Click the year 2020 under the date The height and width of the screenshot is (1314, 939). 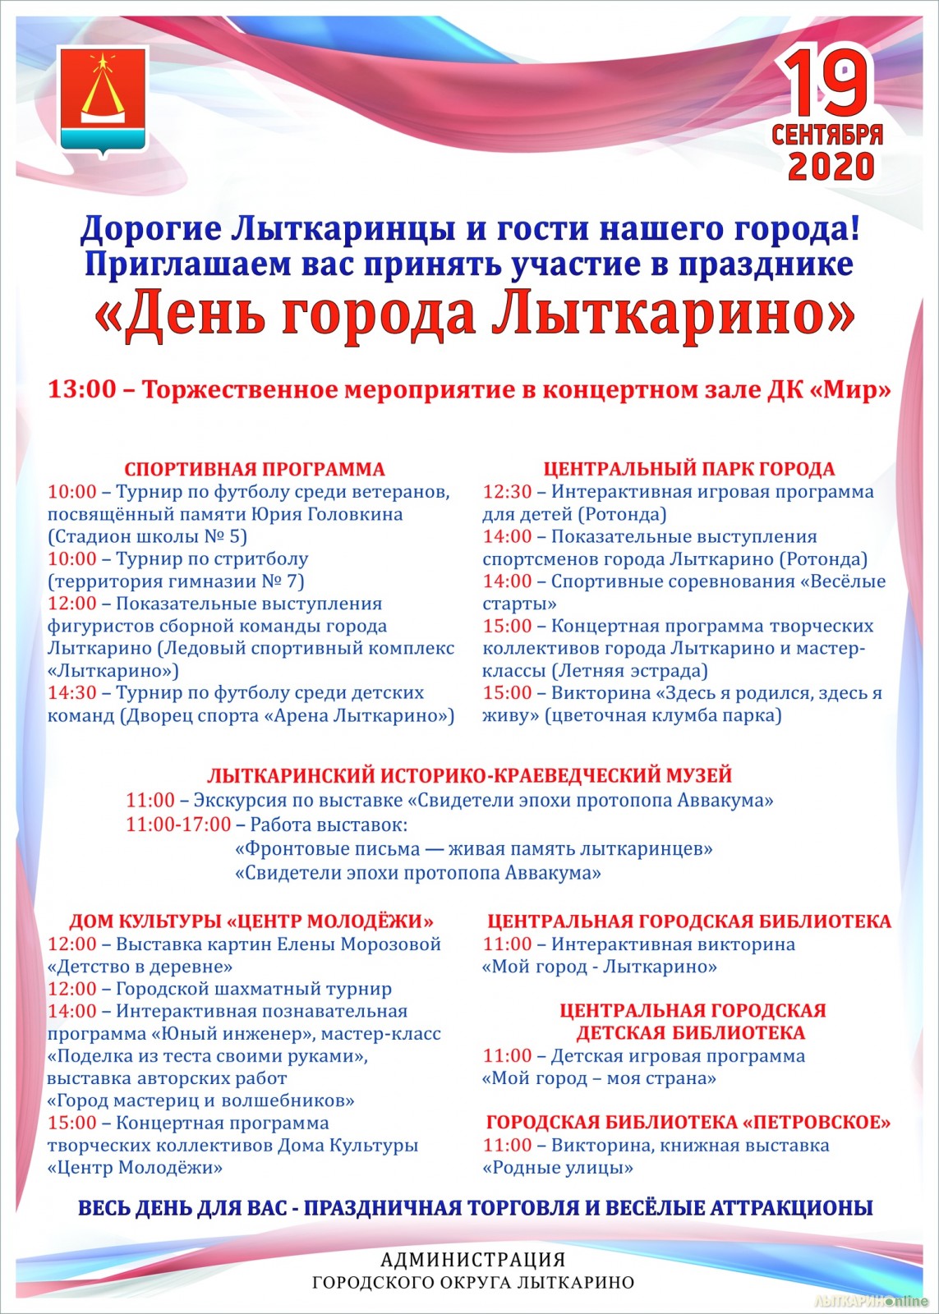pyautogui.click(x=831, y=167)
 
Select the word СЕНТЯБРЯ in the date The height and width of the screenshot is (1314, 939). pyautogui.click(x=827, y=134)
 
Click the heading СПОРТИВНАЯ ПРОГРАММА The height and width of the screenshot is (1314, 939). pyautogui.click(x=255, y=470)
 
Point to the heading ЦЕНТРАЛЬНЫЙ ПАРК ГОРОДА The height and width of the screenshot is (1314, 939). pyautogui.click(x=688, y=469)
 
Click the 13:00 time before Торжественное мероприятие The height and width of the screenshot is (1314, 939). pyautogui.click(x=82, y=389)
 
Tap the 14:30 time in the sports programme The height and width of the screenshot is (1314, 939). pyautogui.click(x=72, y=693)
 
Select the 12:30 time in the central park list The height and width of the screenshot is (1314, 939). pyautogui.click(x=507, y=492)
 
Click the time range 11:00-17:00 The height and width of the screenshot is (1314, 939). pyautogui.click(x=178, y=824)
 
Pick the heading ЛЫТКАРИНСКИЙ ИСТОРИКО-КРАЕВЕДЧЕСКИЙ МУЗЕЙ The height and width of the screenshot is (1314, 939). pyautogui.click(x=469, y=775)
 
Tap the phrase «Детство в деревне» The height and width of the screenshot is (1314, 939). pyautogui.click(x=140, y=967)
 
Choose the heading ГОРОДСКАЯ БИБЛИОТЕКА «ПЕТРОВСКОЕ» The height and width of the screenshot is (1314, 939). pyautogui.click(x=688, y=1123)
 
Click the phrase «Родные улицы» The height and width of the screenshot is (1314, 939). pyautogui.click(x=557, y=1168)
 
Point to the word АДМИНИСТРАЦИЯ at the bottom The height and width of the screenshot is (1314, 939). pyautogui.click(x=473, y=1259)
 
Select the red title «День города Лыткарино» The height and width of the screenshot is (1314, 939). pyautogui.click(x=475, y=313)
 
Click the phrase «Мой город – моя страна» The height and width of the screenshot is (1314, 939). pyautogui.click(x=599, y=1078)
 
